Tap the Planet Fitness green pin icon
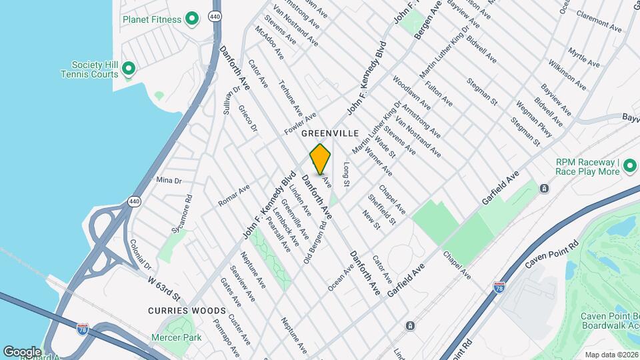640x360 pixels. coord(192,19)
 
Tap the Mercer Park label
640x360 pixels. coord(182,338)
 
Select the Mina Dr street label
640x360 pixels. coord(169,181)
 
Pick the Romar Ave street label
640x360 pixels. coord(234,195)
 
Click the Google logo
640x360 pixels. coord(22,351)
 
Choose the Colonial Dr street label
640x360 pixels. coord(141,254)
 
